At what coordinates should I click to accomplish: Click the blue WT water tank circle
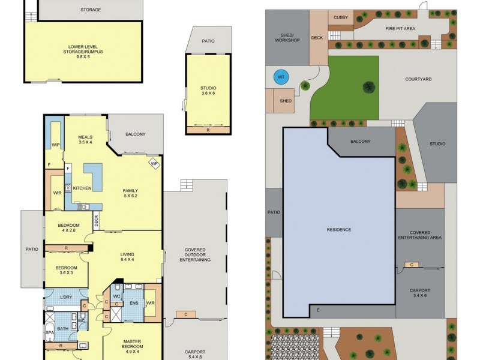280,77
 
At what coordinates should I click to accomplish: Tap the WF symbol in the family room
154,162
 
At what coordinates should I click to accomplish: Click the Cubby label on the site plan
341,18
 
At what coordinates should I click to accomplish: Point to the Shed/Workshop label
287,38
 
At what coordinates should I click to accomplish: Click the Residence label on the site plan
338,230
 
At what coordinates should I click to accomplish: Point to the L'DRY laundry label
67,298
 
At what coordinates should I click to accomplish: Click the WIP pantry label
55,145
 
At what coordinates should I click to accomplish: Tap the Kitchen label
82,188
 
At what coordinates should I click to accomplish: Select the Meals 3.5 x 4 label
85,139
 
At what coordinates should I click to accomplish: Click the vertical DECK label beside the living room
96,221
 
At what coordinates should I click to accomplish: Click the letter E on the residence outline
319,310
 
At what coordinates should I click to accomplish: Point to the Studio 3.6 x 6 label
208,91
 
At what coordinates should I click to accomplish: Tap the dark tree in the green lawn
367,88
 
